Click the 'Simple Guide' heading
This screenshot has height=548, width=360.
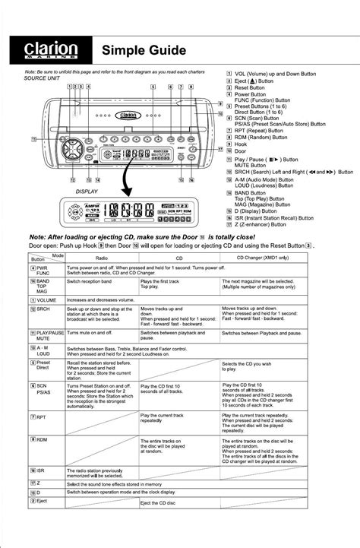144,50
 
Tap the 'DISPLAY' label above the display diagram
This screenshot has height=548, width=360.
87,192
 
